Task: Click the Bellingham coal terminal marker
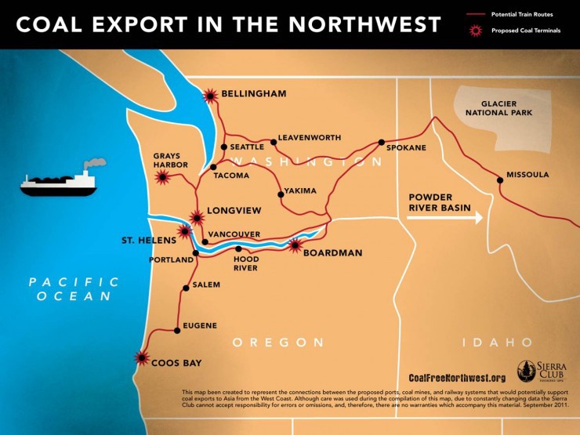pos(209,96)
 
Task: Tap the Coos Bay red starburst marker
pos(142,358)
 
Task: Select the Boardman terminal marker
pos(295,246)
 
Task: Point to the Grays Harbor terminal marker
pos(163,178)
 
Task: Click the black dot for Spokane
pos(381,143)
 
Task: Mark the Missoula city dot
pos(500,180)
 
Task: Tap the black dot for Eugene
pos(177,331)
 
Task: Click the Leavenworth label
pos(310,137)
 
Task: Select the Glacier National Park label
pos(498,107)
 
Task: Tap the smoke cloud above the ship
pos(95,163)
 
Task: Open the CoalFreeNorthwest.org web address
pos(457,377)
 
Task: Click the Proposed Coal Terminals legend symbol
pos(473,31)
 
